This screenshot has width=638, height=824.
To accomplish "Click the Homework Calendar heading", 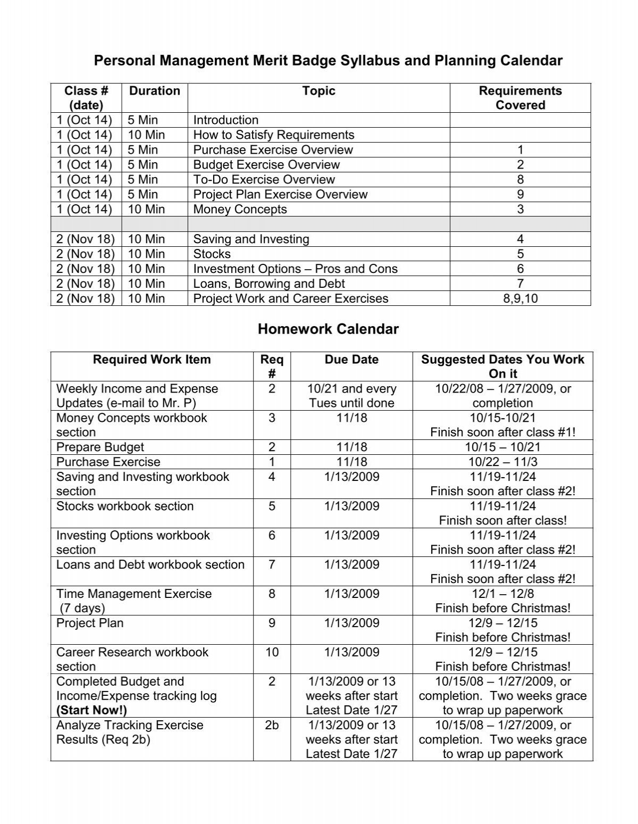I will pyautogui.click(x=328, y=329).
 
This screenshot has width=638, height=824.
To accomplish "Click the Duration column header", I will pyautogui.click(x=155, y=91).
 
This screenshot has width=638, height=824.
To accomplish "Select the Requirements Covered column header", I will pyautogui.click(x=520, y=98).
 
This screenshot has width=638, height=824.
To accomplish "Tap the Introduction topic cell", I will pyautogui.click(x=225, y=120).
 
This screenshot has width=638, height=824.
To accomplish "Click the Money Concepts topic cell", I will pyautogui.click(x=240, y=210).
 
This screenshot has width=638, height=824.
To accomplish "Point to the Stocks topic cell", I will pyautogui.click(x=212, y=254).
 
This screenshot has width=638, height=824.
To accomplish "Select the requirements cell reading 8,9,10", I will pyautogui.click(x=520, y=299).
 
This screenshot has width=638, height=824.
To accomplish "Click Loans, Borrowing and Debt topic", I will pyautogui.click(x=269, y=284).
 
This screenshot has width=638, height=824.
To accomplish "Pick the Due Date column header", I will pyautogui.click(x=351, y=360).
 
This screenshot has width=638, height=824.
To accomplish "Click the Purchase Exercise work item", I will pyautogui.click(x=108, y=462).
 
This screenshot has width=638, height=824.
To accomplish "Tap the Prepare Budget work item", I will pyautogui.click(x=100, y=447).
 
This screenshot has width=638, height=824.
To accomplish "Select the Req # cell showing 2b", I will pyautogui.click(x=272, y=726).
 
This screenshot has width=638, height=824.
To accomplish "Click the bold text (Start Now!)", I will pyautogui.click(x=91, y=710).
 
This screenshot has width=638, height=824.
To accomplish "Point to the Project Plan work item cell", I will pyautogui.click(x=90, y=623).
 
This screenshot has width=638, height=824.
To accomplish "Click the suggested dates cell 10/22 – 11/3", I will pyautogui.click(x=502, y=462).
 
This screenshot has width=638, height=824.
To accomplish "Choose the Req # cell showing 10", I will pyautogui.click(x=272, y=653).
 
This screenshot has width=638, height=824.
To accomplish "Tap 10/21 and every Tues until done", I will pyautogui.click(x=351, y=396).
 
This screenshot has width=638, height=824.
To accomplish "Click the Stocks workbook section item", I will pyautogui.click(x=125, y=506).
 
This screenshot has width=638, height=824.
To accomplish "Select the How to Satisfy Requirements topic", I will pyautogui.click(x=273, y=135).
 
